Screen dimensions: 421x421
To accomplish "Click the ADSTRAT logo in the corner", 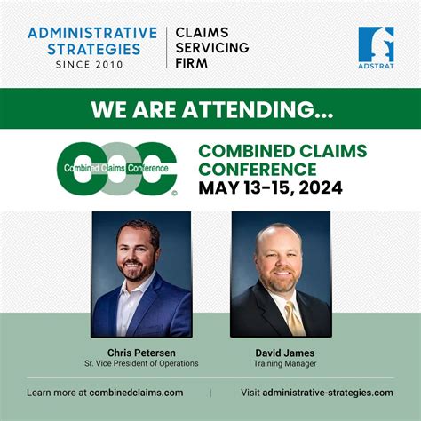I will click(x=376, y=48).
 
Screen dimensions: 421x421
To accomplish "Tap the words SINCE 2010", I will click(x=91, y=64).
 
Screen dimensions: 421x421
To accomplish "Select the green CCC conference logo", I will click(x=116, y=167).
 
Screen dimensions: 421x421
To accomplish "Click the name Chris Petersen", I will click(x=140, y=353).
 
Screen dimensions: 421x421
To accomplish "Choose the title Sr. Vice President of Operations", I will click(x=140, y=364).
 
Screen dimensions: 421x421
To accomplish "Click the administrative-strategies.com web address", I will click(x=329, y=392).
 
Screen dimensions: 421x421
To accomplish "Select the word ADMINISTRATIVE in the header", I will click(x=92, y=33).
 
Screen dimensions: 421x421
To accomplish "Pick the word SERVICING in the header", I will click(x=212, y=47).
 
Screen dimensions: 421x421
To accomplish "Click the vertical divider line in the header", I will click(x=166, y=47).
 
